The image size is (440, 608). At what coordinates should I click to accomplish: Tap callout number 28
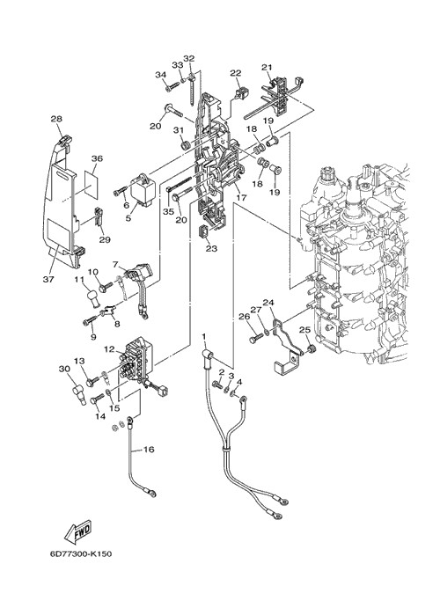[56, 119]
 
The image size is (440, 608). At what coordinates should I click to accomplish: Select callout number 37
[48, 279]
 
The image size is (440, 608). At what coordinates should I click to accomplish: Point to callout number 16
[149, 450]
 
